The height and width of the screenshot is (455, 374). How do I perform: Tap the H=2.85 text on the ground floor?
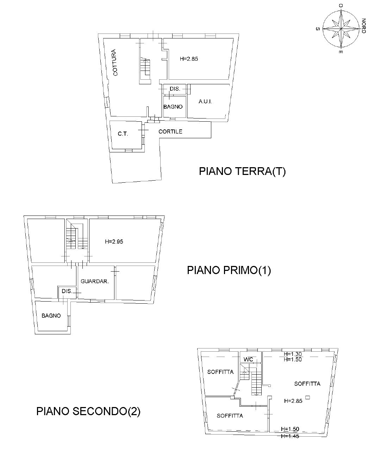point(189,59)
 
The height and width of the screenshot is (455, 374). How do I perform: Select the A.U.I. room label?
point(205,102)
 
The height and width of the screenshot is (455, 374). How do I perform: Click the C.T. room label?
point(123,134)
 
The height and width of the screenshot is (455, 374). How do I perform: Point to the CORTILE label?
point(170,132)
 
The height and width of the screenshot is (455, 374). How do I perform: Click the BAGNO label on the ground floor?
point(173,107)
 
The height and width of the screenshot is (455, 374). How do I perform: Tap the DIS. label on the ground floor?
point(175,89)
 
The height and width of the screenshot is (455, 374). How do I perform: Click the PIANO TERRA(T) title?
point(242,171)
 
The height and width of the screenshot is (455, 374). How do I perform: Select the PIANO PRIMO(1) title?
point(229,270)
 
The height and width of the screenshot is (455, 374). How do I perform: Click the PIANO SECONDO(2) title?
point(88,411)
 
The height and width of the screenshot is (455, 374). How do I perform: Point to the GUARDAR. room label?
point(95,281)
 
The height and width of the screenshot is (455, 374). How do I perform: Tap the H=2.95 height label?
point(114,242)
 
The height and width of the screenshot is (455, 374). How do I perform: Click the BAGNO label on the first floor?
point(51,316)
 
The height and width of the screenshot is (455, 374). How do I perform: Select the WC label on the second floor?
point(248,359)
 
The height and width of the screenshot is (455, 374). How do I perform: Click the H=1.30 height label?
point(293,354)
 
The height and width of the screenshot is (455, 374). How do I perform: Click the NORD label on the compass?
point(363,26)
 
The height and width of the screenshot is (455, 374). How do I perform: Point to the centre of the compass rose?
point(341,29)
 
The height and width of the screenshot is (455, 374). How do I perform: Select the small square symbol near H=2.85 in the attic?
point(308,397)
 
